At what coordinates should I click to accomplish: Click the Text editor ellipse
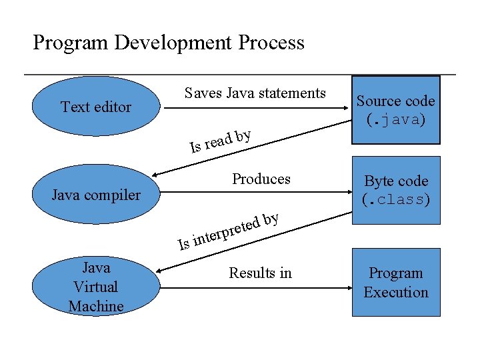coord(96,107)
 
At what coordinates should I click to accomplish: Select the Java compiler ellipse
coord(96,195)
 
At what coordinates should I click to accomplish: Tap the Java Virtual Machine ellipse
coord(96,287)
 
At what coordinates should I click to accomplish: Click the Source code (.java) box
coord(395,110)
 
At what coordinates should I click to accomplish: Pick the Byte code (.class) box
coord(395,190)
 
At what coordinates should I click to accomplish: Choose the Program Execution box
coord(395,282)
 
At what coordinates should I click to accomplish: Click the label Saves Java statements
coord(255,93)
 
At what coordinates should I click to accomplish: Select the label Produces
coord(261,179)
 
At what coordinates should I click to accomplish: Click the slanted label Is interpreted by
coord(228,231)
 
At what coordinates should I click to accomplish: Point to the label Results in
coord(260,273)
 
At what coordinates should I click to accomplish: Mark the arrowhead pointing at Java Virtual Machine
coord(160,271)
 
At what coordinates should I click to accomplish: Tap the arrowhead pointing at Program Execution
coord(347,272)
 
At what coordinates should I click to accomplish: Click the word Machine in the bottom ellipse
coord(96,306)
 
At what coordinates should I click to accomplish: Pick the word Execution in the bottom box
coord(396,292)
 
